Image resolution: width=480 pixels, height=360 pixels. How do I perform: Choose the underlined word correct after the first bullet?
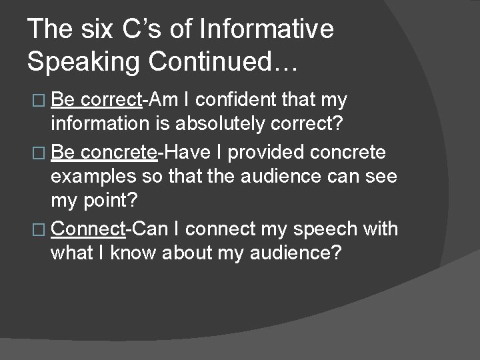point(111,101)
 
